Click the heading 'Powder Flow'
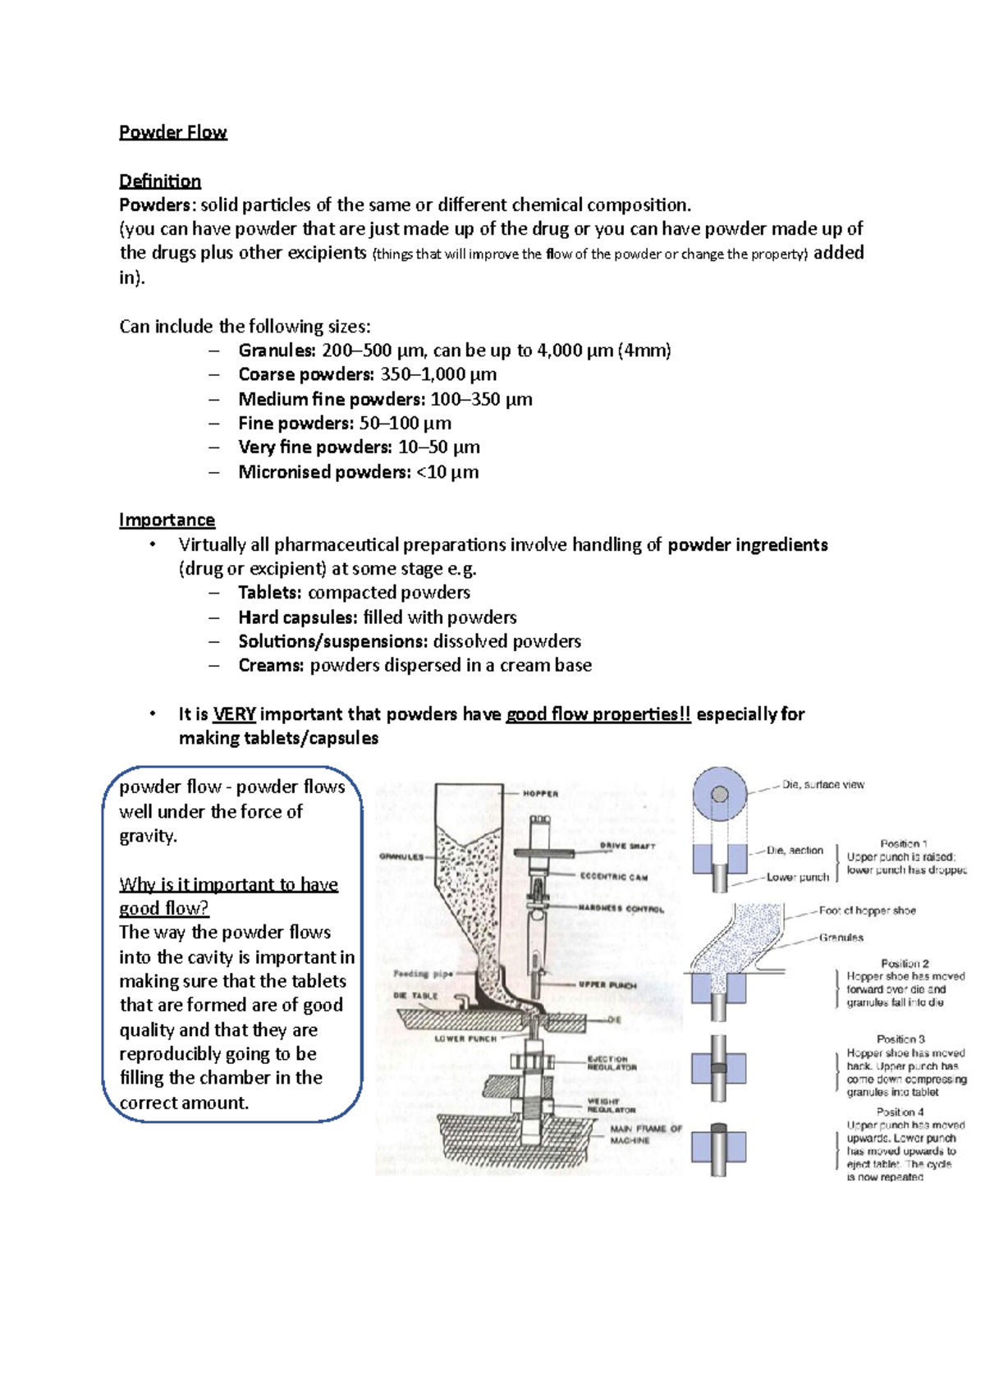pyautogui.click(x=172, y=132)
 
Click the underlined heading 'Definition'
pyautogui.click(x=160, y=181)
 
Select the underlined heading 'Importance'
pyautogui.click(x=167, y=520)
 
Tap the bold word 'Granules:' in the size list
pyautogui.click(x=277, y=351)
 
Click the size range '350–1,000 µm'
pyautogui.click(x=438, y=374)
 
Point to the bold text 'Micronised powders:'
pyautogui.click(x=324, y=472)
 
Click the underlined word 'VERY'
pyautogui.click(x=234, y=714)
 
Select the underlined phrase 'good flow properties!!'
pyautogui.click(x=598, y=714)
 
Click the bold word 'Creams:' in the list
pyautogui.click(x=271, y=666)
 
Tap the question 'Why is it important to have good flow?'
pyautogui.click(x=228, y=896)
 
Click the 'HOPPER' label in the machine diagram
pyautogui.click(x=540, y=794)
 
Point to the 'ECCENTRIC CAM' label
pyautogui.click(x=613, y=877)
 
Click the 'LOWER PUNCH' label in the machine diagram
pyautogui.click(x=465, y=1039)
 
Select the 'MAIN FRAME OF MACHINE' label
pyautogui.click(x=645, y=1135)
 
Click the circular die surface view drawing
pyautogui.click(x=720, y=795)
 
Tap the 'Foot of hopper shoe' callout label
pyautogui.click(x=867, y=910)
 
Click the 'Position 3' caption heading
pyautogui.click(x=900, y=1039)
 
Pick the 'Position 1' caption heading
pyautogui.click(x=904, y=844)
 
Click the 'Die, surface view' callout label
pyautogui.click(x=822, y=785)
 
